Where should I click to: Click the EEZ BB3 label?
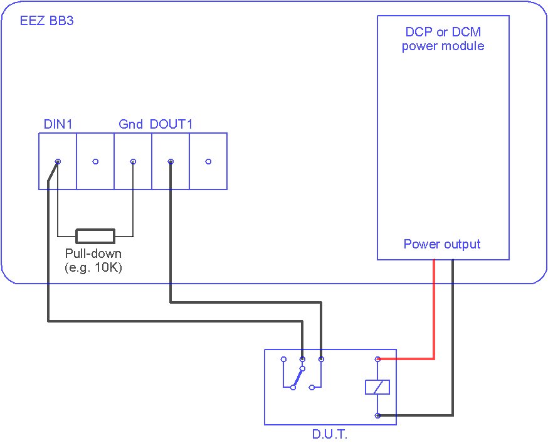click(x=47, y=21)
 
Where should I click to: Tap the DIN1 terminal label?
click(x=58, y=124)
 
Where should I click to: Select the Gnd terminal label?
click(x=130, y=124)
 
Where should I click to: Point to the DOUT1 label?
click(x=171, y=124)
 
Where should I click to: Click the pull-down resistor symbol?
click(x=95, y=236)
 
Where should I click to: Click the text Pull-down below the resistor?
click(x=93, y=253)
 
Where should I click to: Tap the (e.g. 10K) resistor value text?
click(x=93, y=267)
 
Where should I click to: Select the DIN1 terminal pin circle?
click(x=58, y=161)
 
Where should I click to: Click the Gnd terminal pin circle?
click(x=133, y=161)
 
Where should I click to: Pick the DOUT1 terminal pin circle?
click(x=171, y=161)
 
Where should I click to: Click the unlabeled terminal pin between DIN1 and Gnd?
click(x=95, y=161)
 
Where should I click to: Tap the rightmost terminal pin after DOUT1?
click(x=208, y=161)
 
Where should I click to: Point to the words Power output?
click(x=442, y=244)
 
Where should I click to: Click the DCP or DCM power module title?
click(x=443, y=39)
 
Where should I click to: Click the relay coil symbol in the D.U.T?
click(x=377, y=387)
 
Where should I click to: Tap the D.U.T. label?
click(x=330, y=434)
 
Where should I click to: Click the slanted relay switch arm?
click(x=298, y=378)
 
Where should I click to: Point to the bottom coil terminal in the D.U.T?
click(x=377, y=416)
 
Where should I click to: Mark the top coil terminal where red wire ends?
click(x=377, y=359)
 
